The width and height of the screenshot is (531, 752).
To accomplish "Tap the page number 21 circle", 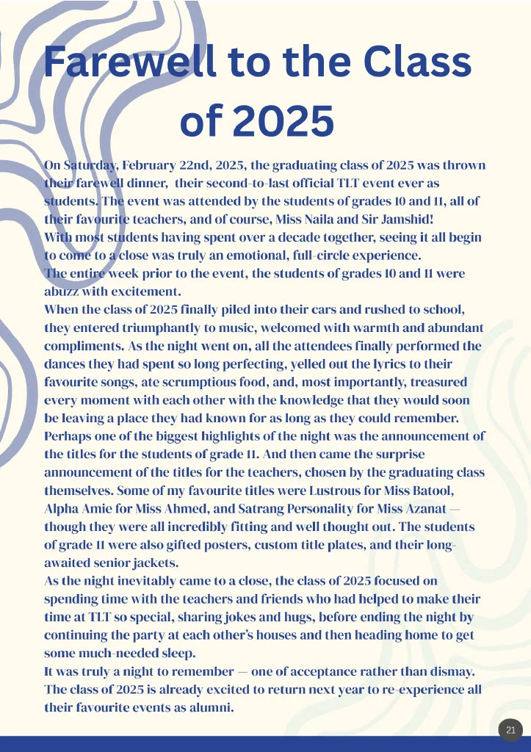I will (x=511, y=730).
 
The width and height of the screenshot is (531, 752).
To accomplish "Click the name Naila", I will (x=321, y=220).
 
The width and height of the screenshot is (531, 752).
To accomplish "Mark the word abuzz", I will (x=64, y=292).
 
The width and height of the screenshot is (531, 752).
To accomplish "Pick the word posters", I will (x=209, y=546).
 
